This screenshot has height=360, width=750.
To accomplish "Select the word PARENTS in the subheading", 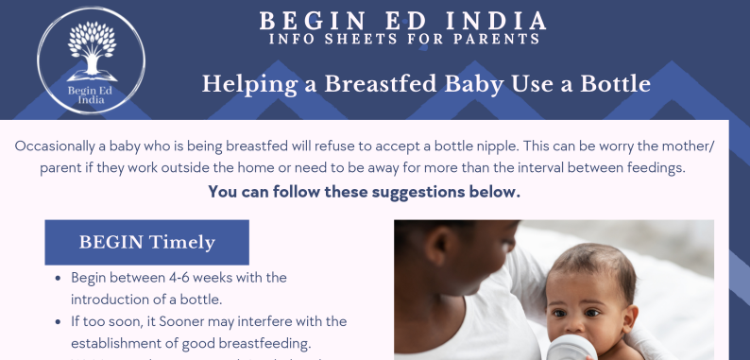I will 503,40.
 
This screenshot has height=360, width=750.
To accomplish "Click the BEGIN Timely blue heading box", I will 146,242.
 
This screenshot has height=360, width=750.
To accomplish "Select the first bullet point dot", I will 59,279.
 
